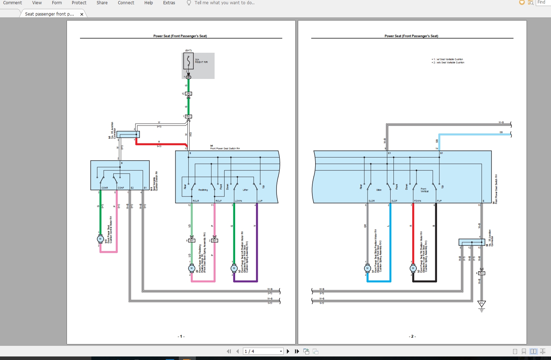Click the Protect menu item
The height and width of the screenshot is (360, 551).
coord(79,3)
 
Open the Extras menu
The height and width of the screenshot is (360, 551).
coord(169,3)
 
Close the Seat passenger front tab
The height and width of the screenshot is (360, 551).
coord(82,15)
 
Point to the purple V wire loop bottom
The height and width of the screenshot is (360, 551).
coord(245,281)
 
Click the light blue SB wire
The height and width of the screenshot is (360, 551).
coord(475,135)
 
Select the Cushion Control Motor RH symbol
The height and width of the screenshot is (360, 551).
coord(100,239)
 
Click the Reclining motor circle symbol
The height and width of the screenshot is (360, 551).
coord(192,268)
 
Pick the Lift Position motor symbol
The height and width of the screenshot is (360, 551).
coord(234,268)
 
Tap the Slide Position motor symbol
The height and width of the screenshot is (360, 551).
coord(367,268)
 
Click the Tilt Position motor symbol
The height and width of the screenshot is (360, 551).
coord(413,268)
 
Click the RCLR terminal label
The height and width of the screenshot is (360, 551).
coord(196,201)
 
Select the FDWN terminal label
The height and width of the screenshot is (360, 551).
coord(418,201)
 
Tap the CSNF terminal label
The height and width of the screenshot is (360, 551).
coord(121,188)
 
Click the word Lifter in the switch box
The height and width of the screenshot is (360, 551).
coord(245,190)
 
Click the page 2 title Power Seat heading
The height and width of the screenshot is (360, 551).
coord(411,36)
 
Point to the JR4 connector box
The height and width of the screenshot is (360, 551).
coord(188,94)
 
